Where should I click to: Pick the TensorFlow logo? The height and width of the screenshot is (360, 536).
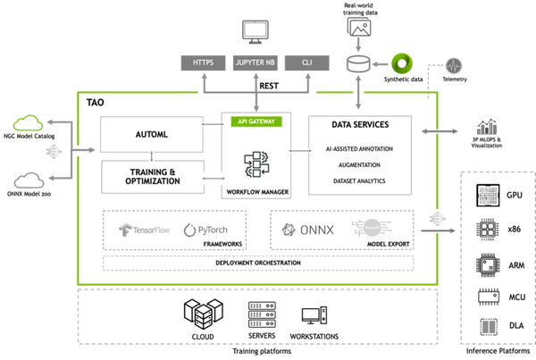(x=143, y=230)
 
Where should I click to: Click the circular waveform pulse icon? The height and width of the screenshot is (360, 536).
(x=454, y=65)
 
